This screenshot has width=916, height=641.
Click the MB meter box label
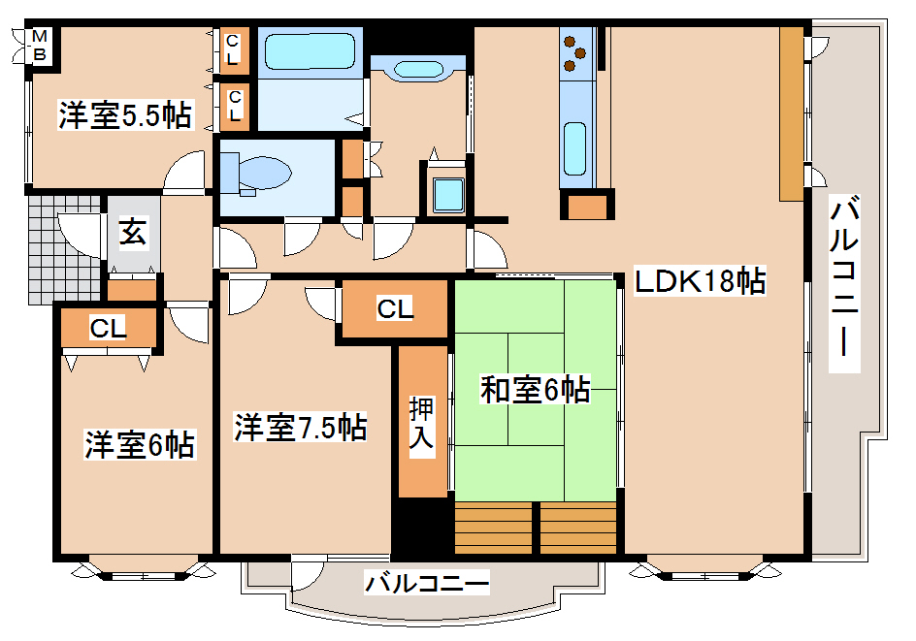39,46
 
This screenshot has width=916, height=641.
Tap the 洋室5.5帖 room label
125,115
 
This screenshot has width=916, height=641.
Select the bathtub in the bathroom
310,51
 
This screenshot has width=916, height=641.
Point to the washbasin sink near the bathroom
418,70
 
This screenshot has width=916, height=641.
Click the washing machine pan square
448,195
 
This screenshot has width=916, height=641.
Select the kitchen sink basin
575,149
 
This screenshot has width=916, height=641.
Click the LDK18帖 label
700,281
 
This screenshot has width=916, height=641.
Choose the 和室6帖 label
535,390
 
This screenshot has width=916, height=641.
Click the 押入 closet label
422,423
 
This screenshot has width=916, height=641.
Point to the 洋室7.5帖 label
300,427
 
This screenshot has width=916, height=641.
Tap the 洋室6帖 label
139,445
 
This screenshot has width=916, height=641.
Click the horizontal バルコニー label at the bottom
427,583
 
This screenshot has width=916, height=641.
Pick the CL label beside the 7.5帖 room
395,308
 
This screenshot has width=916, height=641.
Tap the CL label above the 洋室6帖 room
108,328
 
